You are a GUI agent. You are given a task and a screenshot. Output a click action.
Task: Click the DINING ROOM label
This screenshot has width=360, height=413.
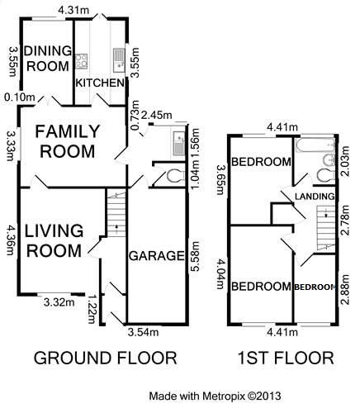[x=48, y=59]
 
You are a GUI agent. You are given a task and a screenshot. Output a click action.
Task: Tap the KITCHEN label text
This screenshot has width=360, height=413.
[x=100, y=83]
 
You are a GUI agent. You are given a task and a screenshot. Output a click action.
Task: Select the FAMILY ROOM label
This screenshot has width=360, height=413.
[x=68, y=141]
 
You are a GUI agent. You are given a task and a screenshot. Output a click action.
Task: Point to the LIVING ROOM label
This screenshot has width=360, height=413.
[x=54, y=241]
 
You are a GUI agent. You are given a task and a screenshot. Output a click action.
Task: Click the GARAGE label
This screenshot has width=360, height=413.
[x=157, y=256]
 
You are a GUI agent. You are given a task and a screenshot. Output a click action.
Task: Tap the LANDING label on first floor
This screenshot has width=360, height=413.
[x=315, y=197]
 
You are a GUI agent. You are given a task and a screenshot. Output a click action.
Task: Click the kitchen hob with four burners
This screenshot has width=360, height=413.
[x=82, y=61]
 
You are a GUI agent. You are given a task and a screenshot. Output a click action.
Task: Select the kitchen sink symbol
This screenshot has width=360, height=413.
[x=119, y=60]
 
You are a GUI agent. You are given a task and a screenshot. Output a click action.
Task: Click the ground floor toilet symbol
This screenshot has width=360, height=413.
[x=176, y=176]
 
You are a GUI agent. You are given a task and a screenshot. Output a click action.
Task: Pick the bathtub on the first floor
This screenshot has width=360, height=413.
[x=315, y=145]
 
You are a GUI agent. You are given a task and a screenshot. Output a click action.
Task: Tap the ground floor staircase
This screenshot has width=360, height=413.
[x=116, y=214]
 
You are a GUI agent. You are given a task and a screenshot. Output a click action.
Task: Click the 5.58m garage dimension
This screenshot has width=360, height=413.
[x=195, y=256]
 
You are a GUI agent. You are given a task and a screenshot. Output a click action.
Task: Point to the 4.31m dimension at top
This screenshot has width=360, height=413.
[x=73, y=10]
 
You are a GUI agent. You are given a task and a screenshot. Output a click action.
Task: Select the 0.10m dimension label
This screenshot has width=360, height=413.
[x=20, y=97]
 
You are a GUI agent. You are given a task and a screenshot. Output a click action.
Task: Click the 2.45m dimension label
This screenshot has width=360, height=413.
[x=156, y=115]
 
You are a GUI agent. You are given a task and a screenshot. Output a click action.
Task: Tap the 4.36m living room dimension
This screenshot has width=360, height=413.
[x=11, y=240]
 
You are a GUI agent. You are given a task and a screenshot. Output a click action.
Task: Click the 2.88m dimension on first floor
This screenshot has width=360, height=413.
[x=345, y=289]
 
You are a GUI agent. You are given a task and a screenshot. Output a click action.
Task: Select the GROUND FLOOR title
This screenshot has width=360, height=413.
[x=105, y=358]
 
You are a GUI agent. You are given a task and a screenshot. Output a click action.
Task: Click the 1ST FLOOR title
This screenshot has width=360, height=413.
[x=286, y=358]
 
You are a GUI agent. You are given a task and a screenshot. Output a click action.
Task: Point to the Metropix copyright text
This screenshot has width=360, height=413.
[x=215, y=396]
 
